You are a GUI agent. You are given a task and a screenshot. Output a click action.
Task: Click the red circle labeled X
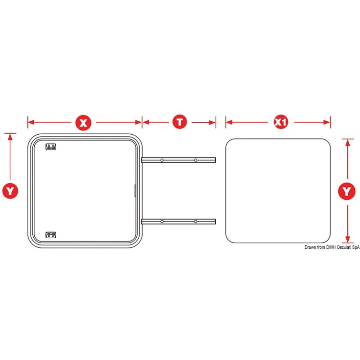83,123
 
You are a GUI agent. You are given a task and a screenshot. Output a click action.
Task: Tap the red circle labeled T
180,122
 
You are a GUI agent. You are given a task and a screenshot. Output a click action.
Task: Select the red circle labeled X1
281,122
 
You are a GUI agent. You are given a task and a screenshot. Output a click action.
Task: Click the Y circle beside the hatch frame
10,191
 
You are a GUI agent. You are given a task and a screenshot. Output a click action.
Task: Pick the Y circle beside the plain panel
347,191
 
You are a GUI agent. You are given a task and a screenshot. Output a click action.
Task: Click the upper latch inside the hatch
51,146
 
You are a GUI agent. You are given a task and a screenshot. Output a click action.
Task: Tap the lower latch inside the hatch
51,235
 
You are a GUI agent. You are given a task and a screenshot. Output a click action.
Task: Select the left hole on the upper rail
162,160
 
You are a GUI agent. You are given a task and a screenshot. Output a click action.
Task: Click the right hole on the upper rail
195,160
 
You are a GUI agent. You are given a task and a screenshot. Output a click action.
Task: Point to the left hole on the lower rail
162,221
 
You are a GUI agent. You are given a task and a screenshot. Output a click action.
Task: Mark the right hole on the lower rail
195,221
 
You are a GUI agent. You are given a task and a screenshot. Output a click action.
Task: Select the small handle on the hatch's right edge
135,191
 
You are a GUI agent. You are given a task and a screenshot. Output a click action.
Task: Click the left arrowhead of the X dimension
31,122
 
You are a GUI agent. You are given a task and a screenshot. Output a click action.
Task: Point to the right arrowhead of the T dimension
212,122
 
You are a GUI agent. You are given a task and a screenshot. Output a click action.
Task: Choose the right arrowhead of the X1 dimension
327,122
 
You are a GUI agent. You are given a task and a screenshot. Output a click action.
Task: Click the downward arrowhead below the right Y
348,239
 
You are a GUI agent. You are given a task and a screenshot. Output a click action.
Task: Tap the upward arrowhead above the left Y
10,137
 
